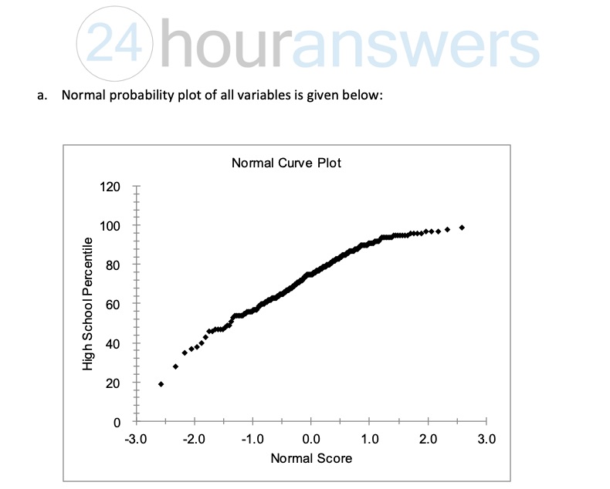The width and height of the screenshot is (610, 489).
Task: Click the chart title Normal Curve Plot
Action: [286, 163]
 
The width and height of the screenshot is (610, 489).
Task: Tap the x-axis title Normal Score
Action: [311, 458]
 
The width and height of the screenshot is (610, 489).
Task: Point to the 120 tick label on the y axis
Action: [110, 187]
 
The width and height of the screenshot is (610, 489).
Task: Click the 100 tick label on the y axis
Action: [110, 227]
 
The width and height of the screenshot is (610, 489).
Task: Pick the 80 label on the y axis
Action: [114, 265]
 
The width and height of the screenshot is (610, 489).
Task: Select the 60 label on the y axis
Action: [114, 305]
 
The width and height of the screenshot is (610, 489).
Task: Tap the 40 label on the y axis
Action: [114, 344]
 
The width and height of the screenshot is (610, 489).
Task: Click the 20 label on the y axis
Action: [114, 383]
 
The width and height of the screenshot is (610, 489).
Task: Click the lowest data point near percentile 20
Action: [161, 384]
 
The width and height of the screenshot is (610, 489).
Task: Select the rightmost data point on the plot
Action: [462, 228]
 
